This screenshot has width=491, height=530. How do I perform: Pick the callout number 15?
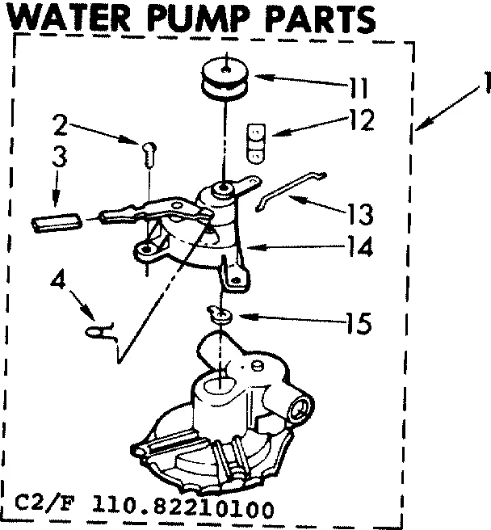[x=356, y=325]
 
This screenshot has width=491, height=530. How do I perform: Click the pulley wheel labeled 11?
[x=226, y=79]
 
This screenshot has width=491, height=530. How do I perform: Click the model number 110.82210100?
[x=193, y=510]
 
